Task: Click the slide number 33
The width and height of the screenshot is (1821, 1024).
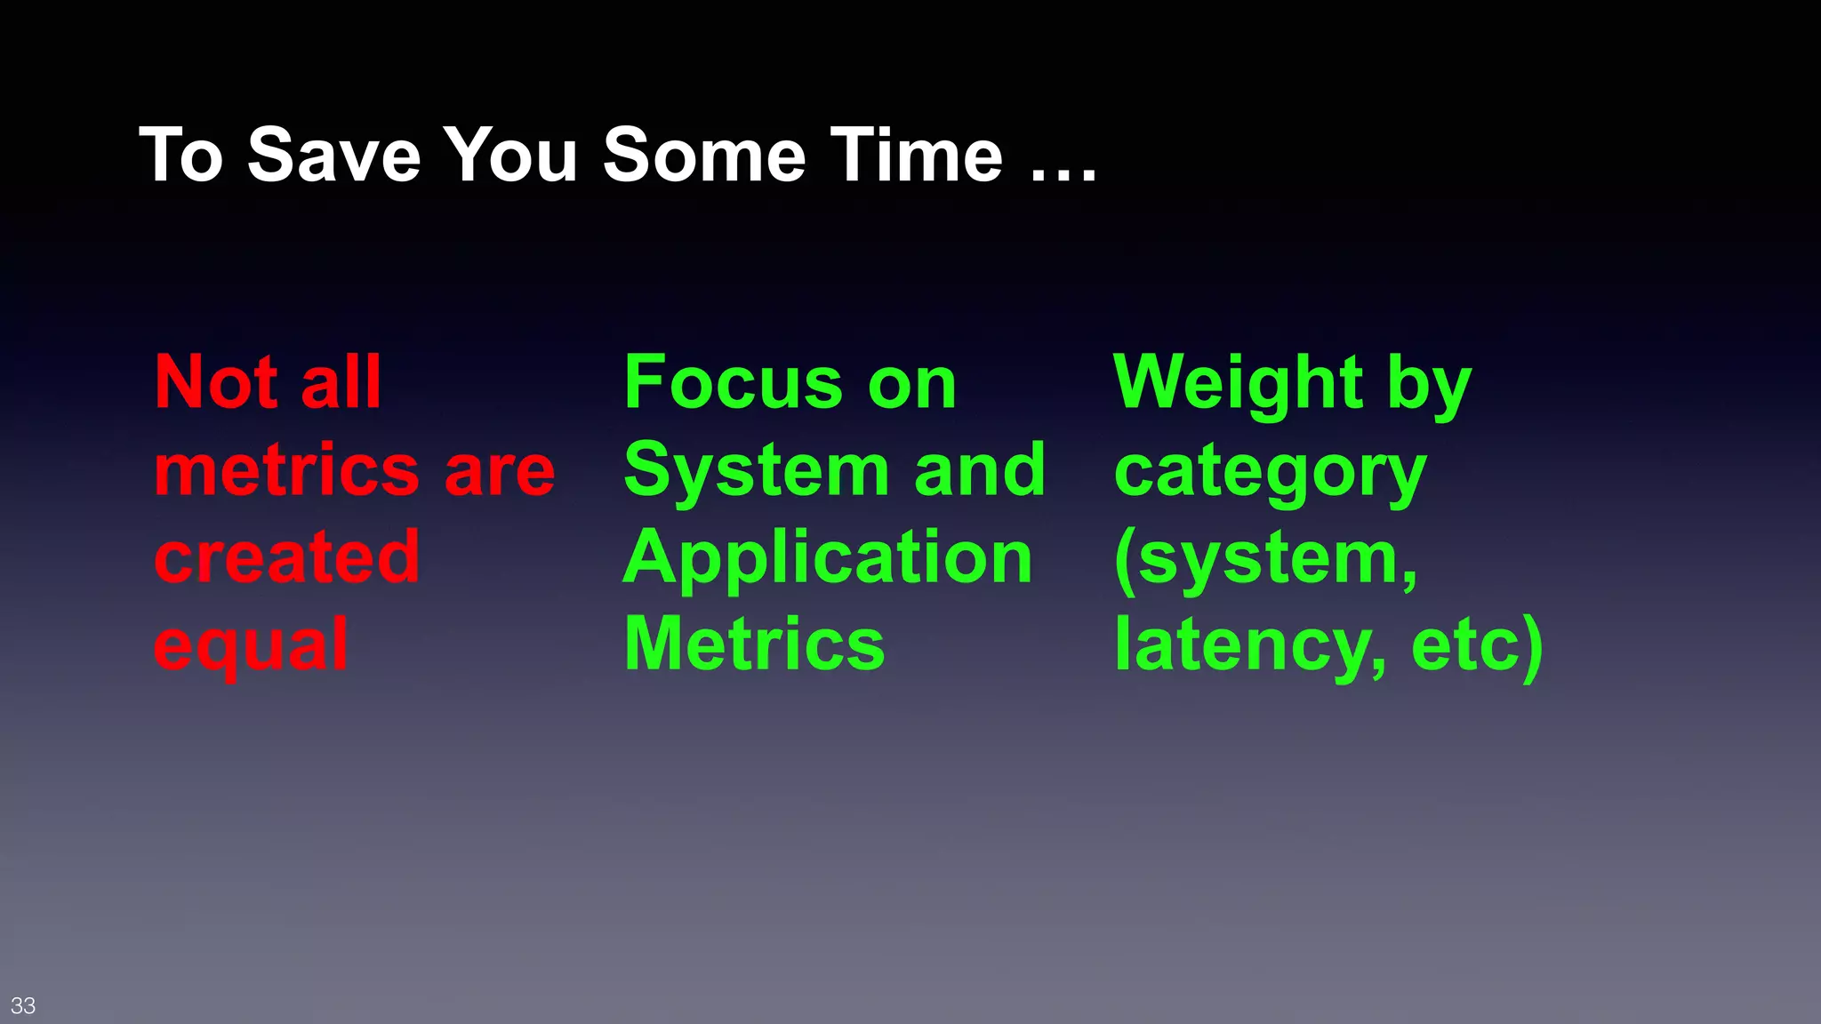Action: pyautogui.click(x=23, y=1005)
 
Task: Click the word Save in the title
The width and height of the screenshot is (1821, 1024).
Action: pyautogui.click(x=333, y=155)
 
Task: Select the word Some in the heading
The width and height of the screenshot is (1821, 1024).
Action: pyautogui.click(x=703, y=155)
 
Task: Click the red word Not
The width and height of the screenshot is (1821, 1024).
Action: pyautogui.click(x=216, y=382)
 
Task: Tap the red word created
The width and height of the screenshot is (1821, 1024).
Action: pyautogui.click(x=286, y=557)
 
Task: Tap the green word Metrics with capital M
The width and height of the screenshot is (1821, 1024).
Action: pyautogui.click(x=755, y=644)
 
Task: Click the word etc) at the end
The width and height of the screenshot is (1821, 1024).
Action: pyautogui.click(x=1477, y=645)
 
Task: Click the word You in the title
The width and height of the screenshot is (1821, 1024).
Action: pyautogui.click(x=510, y=155)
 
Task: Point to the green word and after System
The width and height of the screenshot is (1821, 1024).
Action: pyautogui.click(x=979, y=470)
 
